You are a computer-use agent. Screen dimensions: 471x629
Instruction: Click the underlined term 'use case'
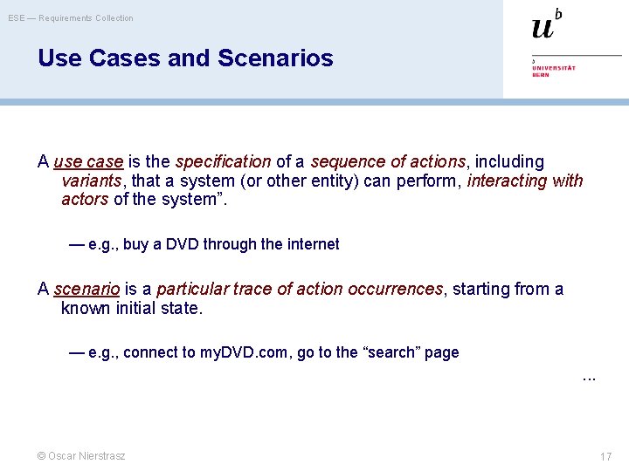(88, 162)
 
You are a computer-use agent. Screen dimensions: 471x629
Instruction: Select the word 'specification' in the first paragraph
(223, 162)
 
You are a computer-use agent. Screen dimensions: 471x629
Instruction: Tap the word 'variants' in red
(91, 181)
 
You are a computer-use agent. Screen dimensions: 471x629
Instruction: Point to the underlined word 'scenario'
(86, 290)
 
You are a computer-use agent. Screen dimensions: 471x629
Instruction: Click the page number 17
(605, 457)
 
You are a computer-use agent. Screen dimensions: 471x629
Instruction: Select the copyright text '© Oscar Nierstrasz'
(80, 456)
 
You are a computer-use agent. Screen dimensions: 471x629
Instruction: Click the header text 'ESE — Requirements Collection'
(71, 18)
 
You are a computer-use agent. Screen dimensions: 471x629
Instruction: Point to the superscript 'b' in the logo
(558, 13)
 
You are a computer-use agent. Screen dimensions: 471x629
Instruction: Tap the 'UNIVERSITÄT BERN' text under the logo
(554, 70)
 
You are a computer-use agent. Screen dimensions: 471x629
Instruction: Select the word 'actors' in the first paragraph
(85, 200)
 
